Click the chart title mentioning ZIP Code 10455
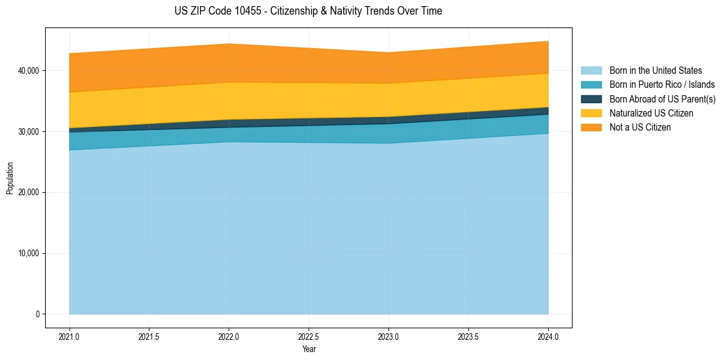point(308,11)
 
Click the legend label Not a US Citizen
point(640,128)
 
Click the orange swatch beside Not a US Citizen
point(591,128)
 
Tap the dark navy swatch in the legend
point(591,99)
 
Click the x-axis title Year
point(309,349)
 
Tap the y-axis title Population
point(10,178)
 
